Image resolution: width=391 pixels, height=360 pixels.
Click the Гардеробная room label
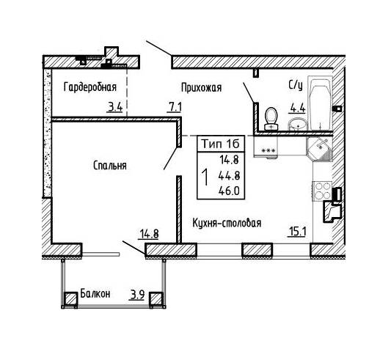tap(90, 87)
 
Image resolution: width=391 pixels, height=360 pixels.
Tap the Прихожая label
tap(201, 88)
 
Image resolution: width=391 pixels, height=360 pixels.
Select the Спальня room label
tap(110, 166)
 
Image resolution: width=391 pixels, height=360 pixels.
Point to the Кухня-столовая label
tap(227, 223)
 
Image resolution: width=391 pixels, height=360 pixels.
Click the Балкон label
tap(95, 294)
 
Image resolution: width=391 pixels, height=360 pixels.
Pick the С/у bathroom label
tap(296, 86)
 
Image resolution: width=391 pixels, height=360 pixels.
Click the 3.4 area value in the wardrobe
tap(114, 108)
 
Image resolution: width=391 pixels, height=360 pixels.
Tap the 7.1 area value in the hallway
tap(175, 108)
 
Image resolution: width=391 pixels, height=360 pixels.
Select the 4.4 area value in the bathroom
tap(297, 109)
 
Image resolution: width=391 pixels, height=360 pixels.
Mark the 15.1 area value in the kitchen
tap(297, 232)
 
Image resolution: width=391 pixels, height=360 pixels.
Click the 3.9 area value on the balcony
tap(137, 295)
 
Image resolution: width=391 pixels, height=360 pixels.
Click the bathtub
tap(320, 103)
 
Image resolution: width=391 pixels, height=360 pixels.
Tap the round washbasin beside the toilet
tap(298, 124)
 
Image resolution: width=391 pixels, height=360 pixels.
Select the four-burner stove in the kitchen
tap(322, 191)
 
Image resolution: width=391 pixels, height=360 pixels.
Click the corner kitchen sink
tap(320, 149)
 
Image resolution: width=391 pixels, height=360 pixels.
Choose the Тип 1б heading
tap(220, 144)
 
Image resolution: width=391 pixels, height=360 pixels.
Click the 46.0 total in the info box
tap(229, 191)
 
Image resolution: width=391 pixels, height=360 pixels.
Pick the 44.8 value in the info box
tap(229, 176)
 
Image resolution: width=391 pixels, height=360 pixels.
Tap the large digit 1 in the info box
tap(205, 177)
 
